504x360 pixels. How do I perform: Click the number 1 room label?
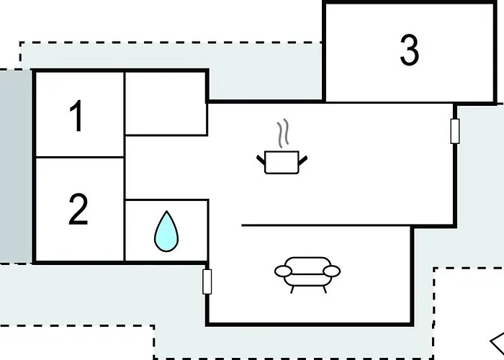76,116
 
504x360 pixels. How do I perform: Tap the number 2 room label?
78,209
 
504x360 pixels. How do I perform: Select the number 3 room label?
410,50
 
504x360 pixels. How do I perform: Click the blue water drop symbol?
166,231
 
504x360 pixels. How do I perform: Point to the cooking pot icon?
282,162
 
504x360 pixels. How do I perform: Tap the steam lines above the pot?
283,133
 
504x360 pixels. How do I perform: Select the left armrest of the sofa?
283,271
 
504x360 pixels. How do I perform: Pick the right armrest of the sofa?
332,271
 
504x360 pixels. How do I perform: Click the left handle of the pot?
261,160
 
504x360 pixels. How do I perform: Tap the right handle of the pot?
303,161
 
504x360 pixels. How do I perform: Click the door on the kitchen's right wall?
455,131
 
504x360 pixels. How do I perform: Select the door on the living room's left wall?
207,282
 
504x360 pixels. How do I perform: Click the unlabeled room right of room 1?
166,104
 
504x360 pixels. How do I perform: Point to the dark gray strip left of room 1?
15,166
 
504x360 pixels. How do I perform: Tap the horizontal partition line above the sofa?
326,225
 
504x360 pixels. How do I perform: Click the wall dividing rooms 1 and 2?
80,157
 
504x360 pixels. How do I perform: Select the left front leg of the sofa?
292,289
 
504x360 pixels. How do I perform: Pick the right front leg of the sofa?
325,289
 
